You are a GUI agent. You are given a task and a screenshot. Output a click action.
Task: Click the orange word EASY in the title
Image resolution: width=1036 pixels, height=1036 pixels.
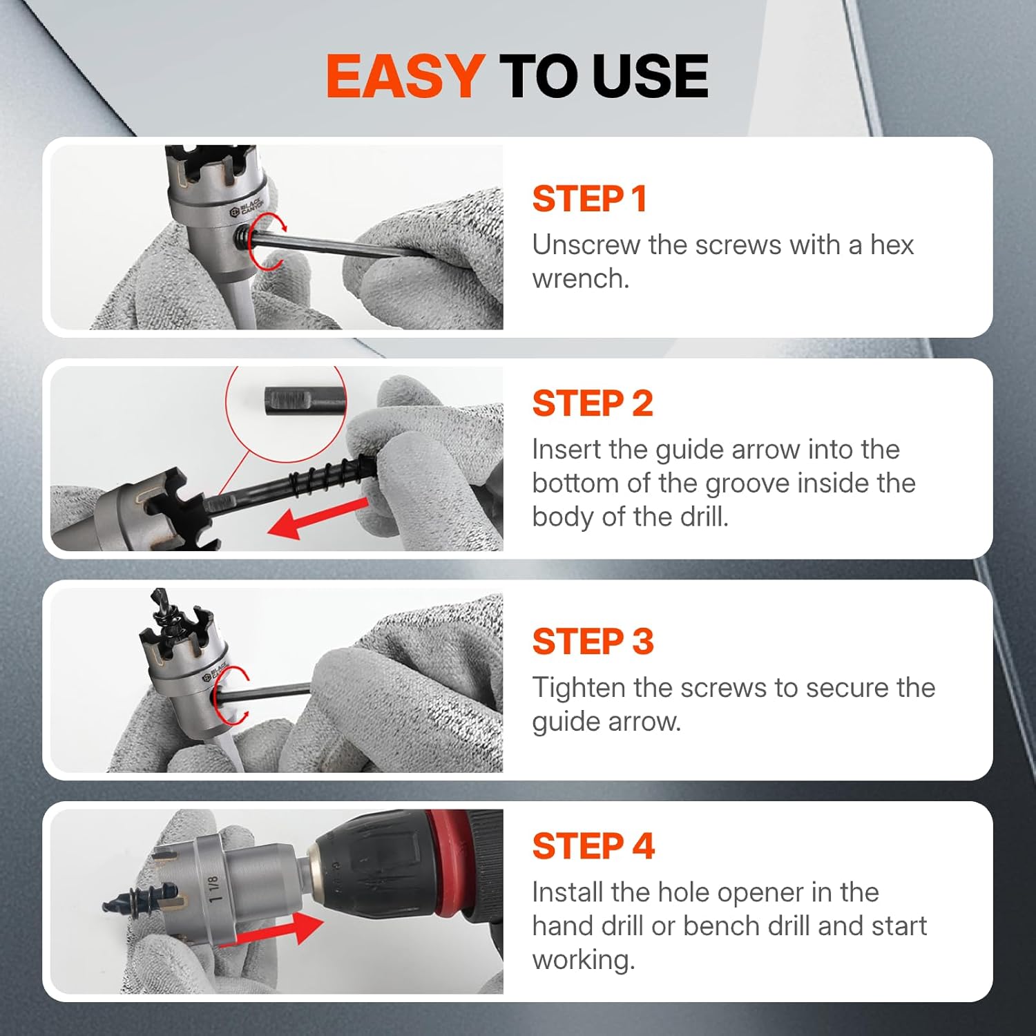pyautogui.click(x=405, y=76)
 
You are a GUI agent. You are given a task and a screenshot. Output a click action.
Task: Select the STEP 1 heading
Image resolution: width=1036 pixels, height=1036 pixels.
pyautogui.click(x=589, y=199)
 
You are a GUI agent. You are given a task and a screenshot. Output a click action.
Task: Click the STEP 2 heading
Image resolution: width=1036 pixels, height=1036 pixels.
pyautogui.click(x=592, y=403)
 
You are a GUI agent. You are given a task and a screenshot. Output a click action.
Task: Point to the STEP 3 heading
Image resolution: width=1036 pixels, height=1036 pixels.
pyautogui.click(x=592, y=642)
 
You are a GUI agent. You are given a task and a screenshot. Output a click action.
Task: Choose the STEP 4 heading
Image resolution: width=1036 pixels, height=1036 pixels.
pyautogui.click(x=593, y=846)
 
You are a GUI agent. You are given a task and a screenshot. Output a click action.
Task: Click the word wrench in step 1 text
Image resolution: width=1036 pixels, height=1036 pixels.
pyautogui.click(x=579, y=279)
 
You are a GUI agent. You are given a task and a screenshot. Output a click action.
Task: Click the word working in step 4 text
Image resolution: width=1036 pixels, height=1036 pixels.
pyautogui.click(x=582, y=960)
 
